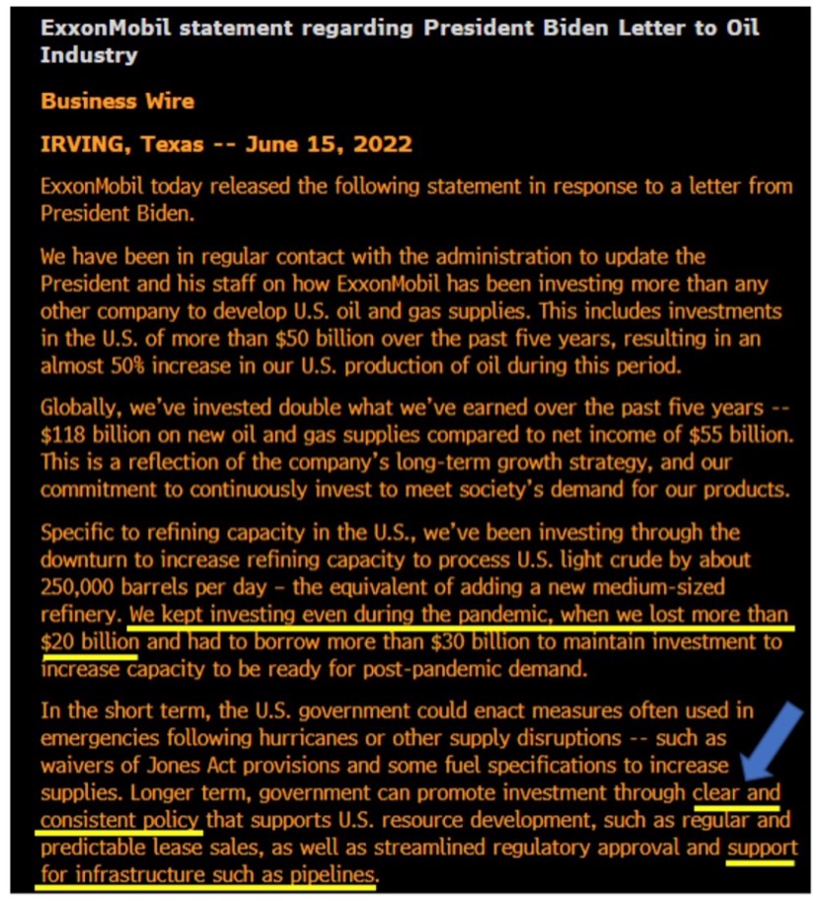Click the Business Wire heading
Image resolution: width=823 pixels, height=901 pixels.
117,101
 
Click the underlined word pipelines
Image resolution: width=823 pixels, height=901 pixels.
331,874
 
